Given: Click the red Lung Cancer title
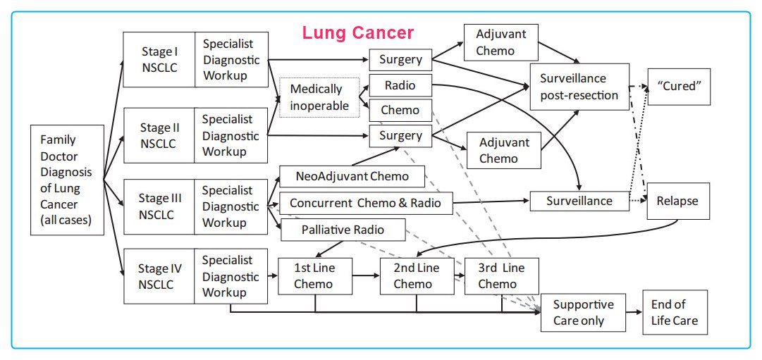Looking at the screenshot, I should (357, 32).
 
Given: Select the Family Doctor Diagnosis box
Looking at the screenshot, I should (68, 180).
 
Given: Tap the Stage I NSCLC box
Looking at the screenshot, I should (159, 59).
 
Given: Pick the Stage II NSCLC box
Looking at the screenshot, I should (159, 135).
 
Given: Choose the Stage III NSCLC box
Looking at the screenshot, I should (159, 205).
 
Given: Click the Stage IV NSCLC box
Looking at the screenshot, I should (159, 275).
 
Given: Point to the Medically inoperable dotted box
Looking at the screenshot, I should (319, 97).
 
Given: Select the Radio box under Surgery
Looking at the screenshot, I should (400, 86).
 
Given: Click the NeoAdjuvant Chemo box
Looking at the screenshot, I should (353, 176).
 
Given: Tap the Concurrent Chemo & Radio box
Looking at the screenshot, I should (365, 203).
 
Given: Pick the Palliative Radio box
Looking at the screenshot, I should (343, 229).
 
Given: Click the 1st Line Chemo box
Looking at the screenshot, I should (314, 275).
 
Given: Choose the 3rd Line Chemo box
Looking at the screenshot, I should (500, 275).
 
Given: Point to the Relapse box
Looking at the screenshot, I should (677, 201).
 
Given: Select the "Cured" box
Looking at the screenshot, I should (677, 86).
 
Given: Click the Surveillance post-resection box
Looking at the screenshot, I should (579, 86).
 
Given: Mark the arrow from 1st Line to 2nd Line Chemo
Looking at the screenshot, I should (366, 275).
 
